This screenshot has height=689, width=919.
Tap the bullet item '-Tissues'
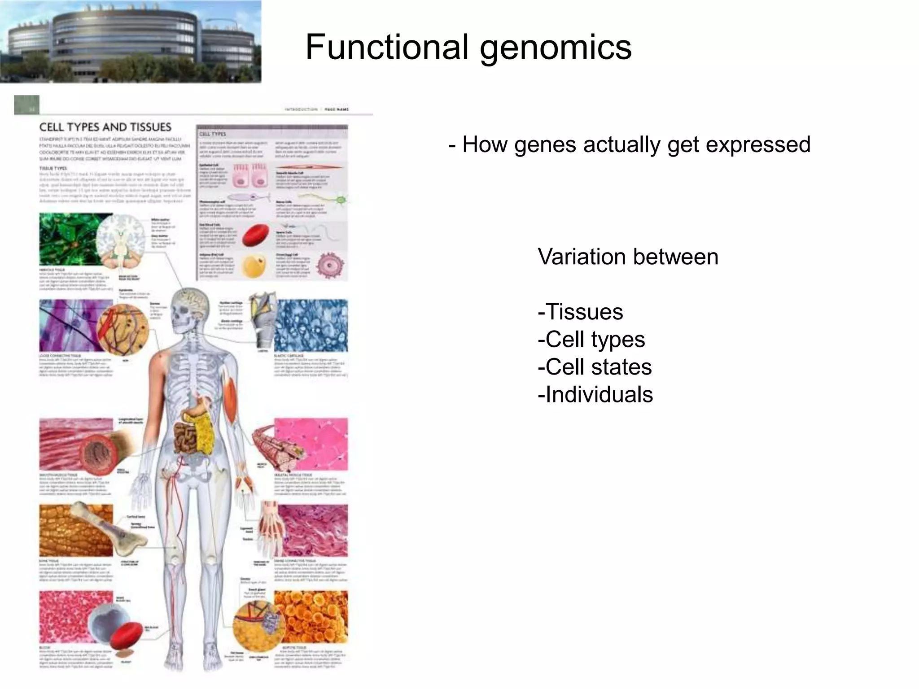(x=580, y=312)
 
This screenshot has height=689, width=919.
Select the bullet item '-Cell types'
(x=591, y=339)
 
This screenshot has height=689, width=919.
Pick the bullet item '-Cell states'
(x=594, y=367)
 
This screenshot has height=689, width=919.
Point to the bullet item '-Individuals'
(x=595, y=395)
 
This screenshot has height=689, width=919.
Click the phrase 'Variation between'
(x=628, y=257)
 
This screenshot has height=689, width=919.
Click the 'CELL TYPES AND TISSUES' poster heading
(x=105, y=127)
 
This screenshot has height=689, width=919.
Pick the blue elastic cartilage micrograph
(x=311, y=325)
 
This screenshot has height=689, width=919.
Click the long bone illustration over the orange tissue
(x=101, y=529)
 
